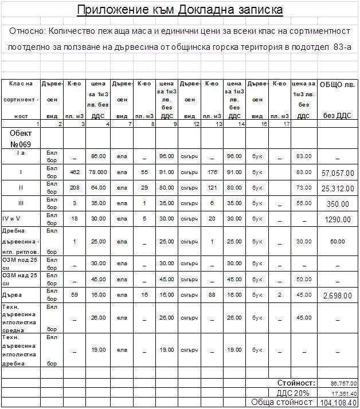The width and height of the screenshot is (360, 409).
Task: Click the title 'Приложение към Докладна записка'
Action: (x=179, y=10)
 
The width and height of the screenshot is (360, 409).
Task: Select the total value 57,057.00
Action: (x=338, y=172)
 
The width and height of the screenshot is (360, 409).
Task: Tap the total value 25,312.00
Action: (x=338, y=188)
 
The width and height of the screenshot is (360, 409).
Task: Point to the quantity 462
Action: (x=75, y=172)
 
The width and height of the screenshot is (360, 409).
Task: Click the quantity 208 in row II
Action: (x=75, y=187)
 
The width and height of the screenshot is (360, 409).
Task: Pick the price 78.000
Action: (x=99, y=172)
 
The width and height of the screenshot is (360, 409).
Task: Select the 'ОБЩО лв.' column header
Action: (x=337, y=85)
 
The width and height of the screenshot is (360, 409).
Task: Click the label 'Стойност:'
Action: (x=296, y=383)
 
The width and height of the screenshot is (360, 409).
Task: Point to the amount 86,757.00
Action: (x=343, y=383)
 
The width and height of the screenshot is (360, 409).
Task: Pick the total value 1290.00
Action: (x=338, y=219)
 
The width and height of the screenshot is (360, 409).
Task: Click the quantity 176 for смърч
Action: (x=212, y=172)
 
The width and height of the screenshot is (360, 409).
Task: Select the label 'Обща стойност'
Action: (x=281, y=402)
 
